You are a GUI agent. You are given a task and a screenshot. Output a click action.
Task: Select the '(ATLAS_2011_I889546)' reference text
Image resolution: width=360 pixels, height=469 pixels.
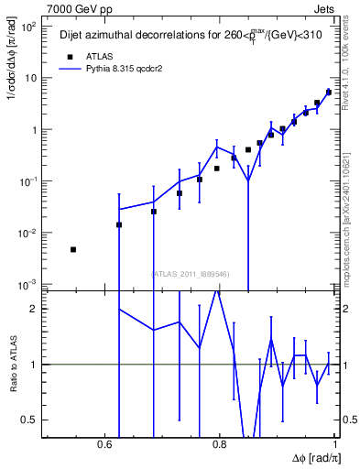pos(190,274)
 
